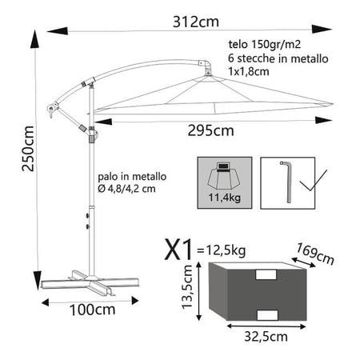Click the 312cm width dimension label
point(196,22)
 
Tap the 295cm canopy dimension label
point(210,130)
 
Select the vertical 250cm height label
point(28,149)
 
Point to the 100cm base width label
point(92,310)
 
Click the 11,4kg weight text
point(225,198)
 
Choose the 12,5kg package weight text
point(222,250)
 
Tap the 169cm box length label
point(315,254)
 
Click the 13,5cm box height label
point(187,287)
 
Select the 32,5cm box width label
point(266,337)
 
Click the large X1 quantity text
point(178,250)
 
